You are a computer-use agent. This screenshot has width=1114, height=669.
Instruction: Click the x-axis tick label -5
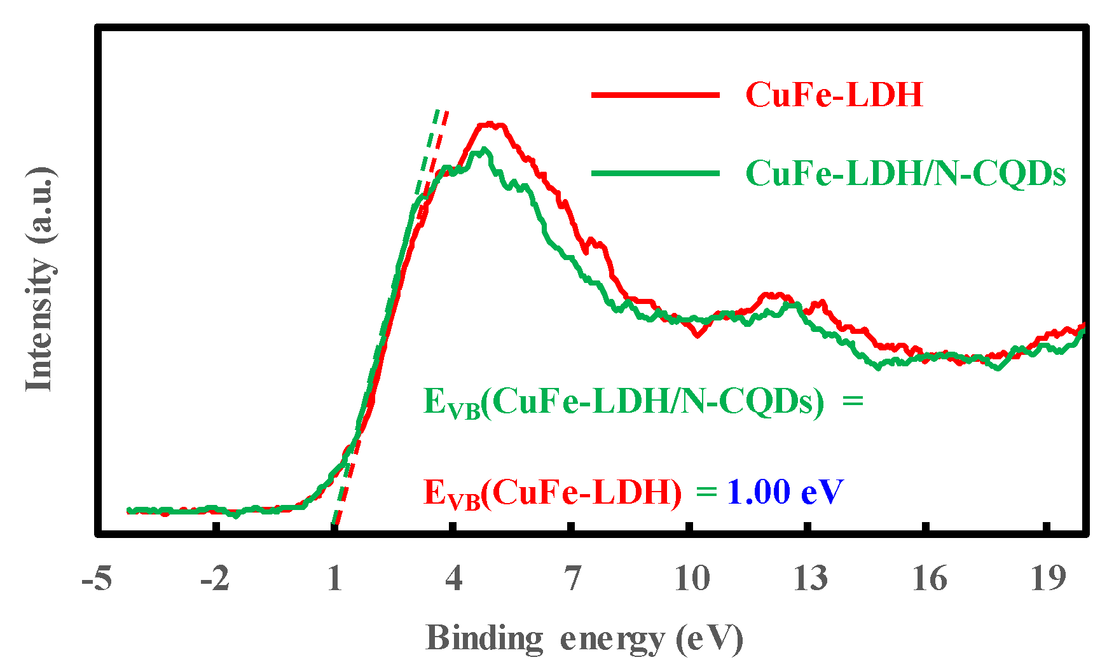(97, 579)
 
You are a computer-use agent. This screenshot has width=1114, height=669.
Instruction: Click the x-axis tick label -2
(215, 579)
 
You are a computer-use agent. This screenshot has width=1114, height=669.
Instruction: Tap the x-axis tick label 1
(334, 579)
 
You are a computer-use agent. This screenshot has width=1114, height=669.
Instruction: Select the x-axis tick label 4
(453, 579)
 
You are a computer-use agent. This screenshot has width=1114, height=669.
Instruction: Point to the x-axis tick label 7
(572, 579)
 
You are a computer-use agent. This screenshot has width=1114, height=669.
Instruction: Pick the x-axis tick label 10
(692, 579)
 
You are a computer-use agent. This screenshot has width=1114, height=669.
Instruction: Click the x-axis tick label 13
(810, 579)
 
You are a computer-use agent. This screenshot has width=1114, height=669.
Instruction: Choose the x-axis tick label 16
(929, 579)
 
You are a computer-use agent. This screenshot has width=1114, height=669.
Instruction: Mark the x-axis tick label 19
(1047, 579)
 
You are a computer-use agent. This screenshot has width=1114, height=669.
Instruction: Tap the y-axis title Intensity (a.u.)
(39, 280)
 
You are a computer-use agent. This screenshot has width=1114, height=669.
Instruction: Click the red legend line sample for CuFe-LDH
(655, 95)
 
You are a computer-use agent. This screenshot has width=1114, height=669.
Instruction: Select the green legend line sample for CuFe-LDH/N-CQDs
(655, 173)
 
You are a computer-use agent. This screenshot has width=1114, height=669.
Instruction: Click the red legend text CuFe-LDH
(834, 95)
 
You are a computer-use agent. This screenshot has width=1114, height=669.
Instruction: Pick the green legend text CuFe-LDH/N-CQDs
(905, 173)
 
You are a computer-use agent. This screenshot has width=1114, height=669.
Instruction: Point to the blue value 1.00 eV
(785, 491)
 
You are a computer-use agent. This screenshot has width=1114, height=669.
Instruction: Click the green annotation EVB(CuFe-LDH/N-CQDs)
(623, 403)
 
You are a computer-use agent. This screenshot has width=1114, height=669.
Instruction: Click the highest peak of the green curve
(485, 149)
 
